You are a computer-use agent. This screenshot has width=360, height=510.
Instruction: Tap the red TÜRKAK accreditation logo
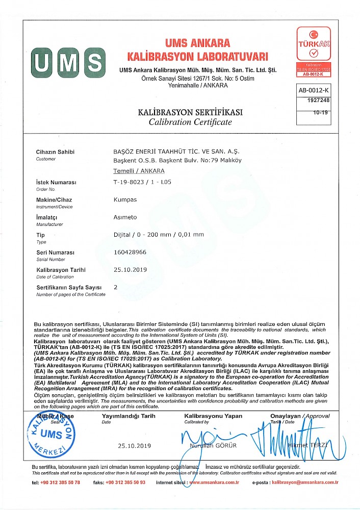tap(314, 52)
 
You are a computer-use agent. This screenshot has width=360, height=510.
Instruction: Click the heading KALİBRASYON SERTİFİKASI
tap(190, 112)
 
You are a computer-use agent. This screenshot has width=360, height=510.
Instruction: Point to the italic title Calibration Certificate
tap(190, 122)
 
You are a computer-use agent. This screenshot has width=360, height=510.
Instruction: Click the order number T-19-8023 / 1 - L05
tap(142, 182)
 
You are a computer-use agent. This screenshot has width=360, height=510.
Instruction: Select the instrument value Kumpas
tap(125, 200)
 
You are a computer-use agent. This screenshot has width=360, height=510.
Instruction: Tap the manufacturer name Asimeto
tap(125, 217)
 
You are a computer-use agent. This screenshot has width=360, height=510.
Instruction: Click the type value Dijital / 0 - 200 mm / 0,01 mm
tap(158, 235)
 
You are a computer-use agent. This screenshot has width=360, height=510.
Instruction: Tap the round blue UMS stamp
tap(51, 435)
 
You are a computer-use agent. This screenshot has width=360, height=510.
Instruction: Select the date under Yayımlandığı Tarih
tap(135, 446)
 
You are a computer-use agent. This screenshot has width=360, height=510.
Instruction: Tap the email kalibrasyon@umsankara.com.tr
tap(305, 482)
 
